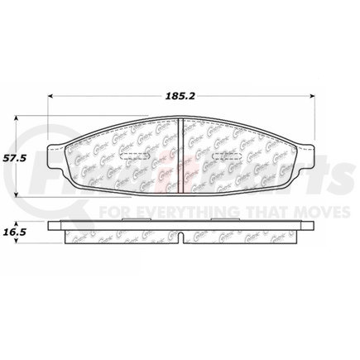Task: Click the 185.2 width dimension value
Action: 180,83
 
